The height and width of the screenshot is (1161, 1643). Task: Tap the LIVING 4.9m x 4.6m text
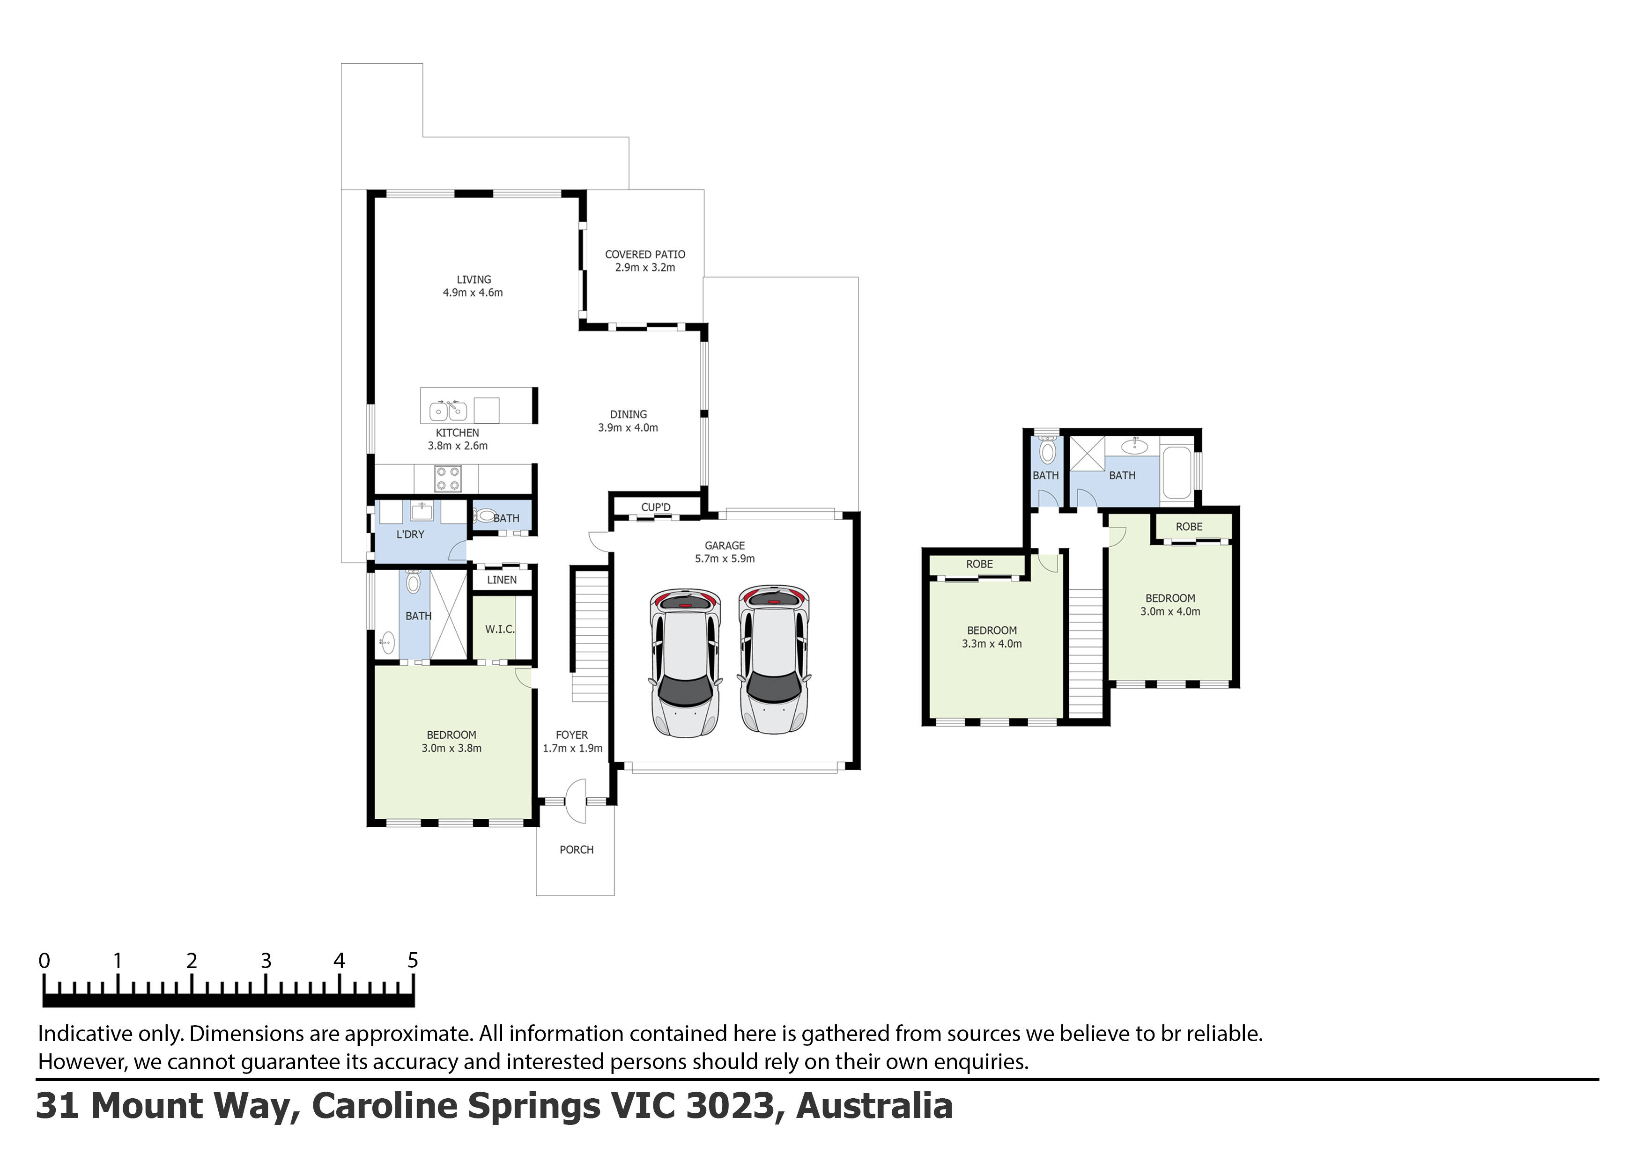(473, 286)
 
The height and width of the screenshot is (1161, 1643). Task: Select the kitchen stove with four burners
(448, 478)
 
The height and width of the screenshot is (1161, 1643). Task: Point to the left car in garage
(685, 662)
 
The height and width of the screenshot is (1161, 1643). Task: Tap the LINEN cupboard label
(502, 580)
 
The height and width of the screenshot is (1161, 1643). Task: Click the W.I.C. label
(499, 630)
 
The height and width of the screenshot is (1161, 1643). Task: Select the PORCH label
(576, 850)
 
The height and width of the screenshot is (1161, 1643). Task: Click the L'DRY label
(410, 534)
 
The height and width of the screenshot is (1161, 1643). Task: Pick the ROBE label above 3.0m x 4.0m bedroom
(1189, 527)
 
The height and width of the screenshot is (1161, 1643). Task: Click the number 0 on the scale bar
(44, 961)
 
